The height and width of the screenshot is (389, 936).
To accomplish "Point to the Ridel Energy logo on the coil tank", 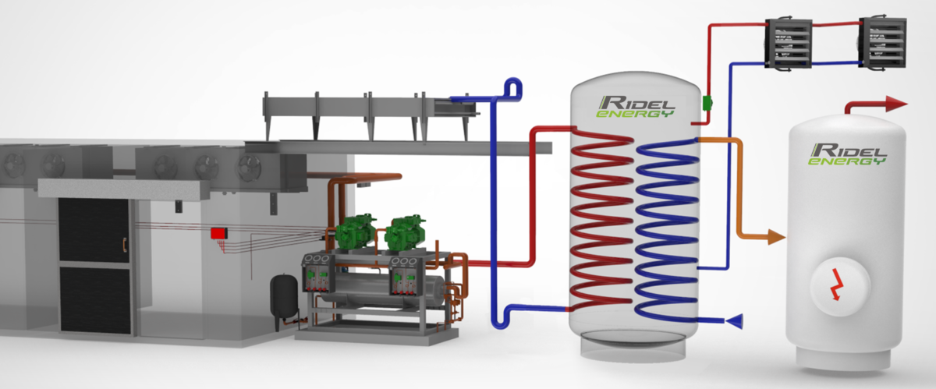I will tap(636, 107).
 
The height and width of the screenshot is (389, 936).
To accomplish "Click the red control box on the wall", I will tap(219, 233).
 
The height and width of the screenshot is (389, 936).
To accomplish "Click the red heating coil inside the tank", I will tap(601, 226).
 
